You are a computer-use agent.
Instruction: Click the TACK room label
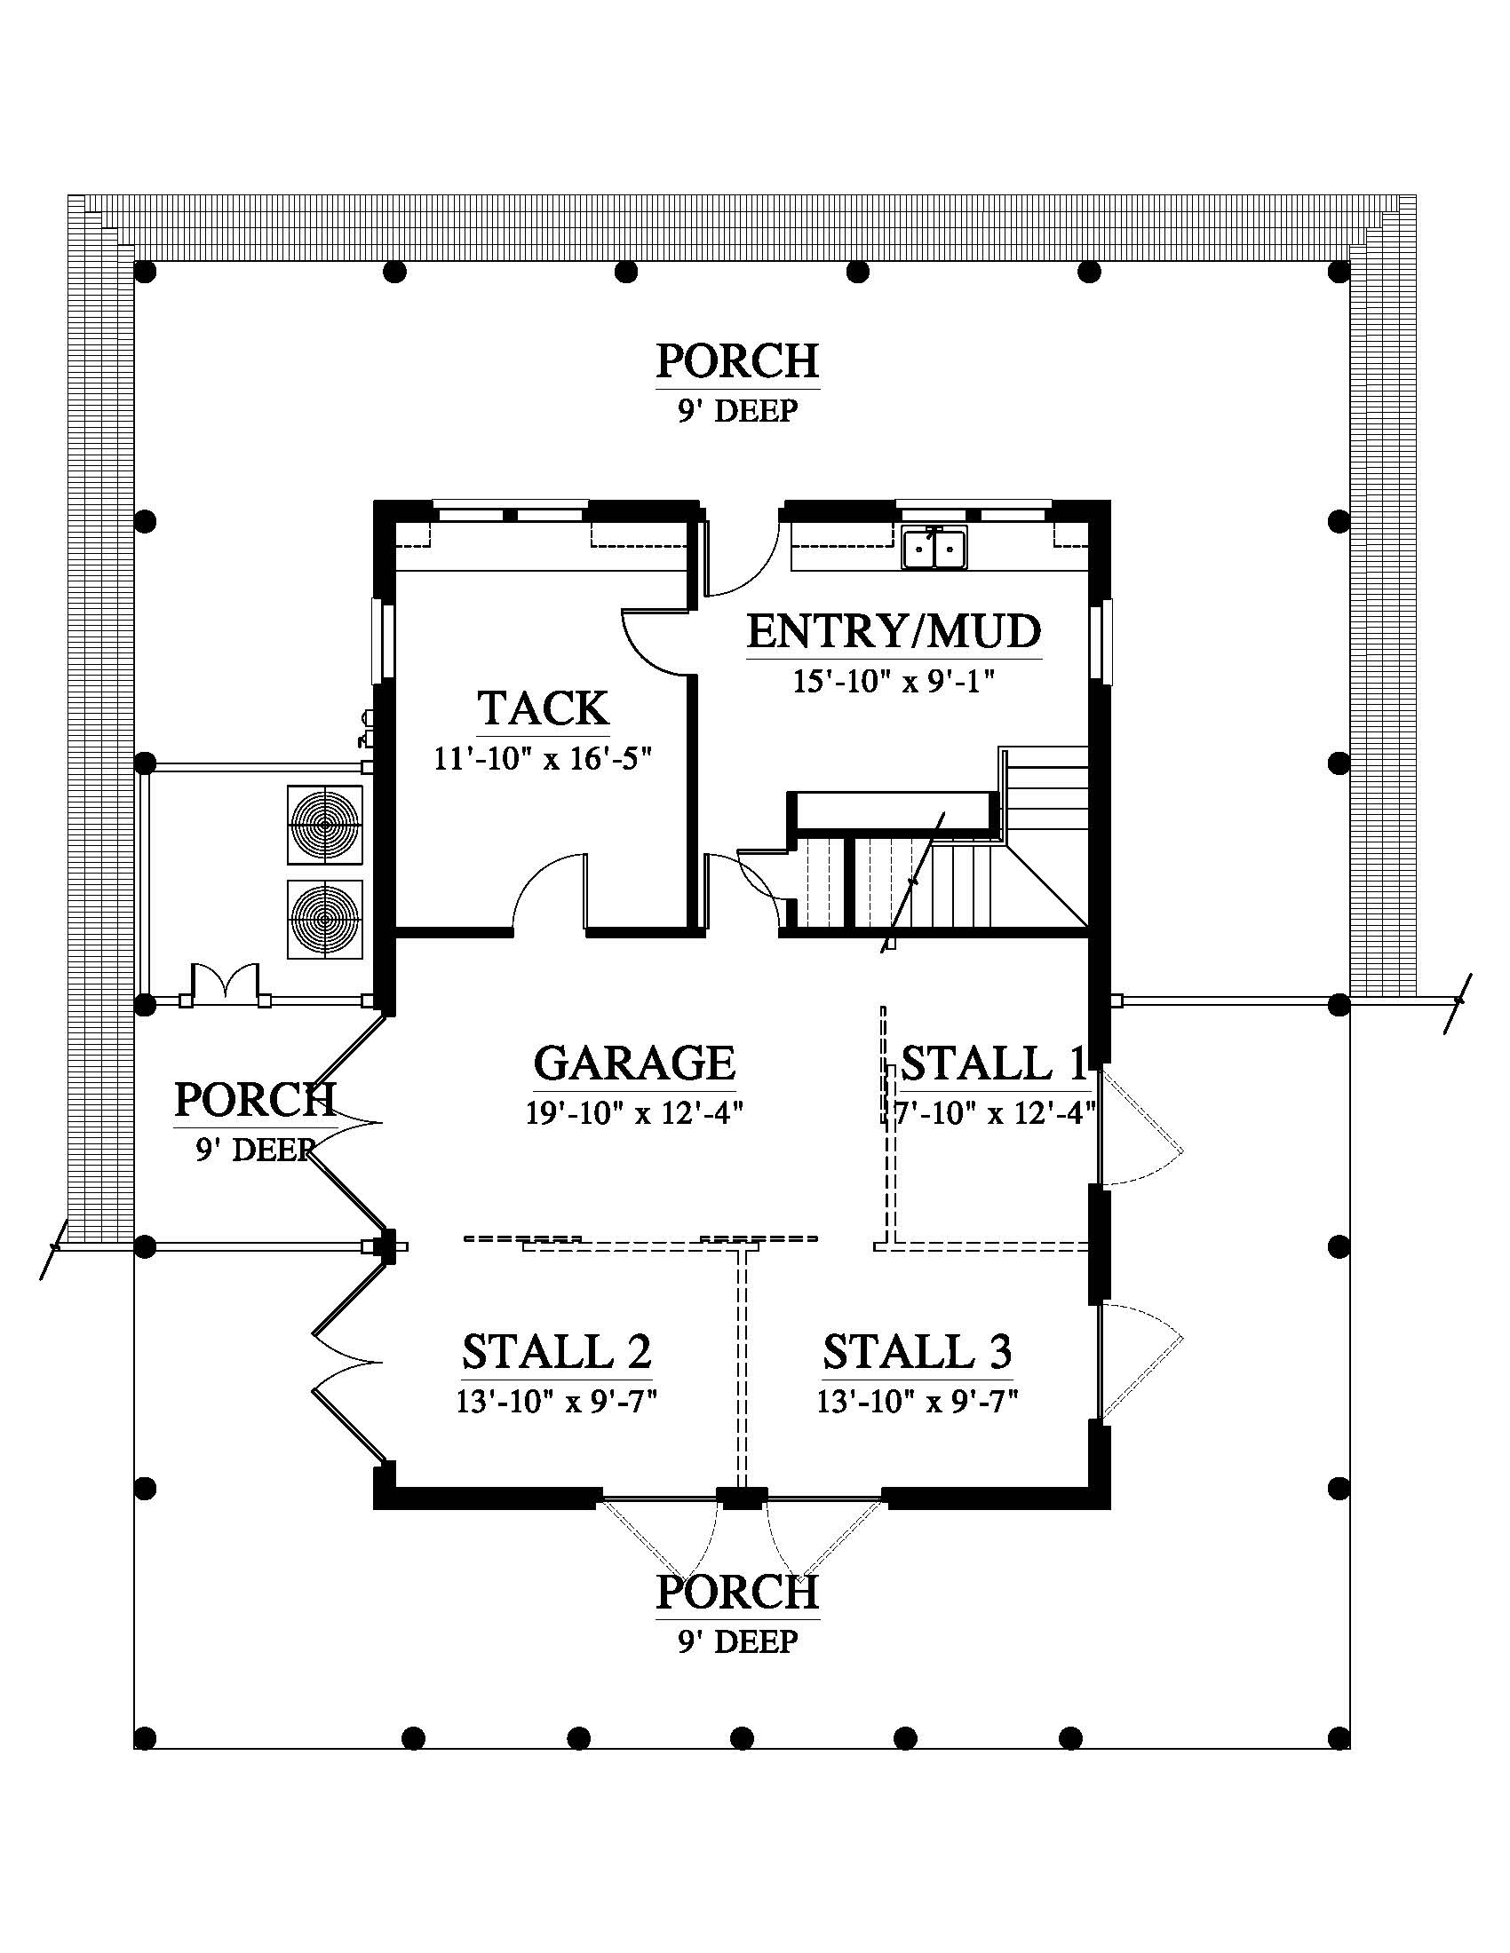point(544,708)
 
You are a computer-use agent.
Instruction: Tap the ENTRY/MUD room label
point(894,631)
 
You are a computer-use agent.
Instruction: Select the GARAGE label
point(634,1063)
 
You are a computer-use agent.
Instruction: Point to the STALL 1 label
point(994,1063)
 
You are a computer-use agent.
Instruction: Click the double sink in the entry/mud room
point(934,547)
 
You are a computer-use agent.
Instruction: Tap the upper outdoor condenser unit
point(325,825)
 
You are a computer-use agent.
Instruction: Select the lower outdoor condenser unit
point(325,920)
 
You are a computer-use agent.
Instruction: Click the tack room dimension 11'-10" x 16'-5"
point(543,759)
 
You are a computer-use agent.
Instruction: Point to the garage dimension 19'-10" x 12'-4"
point(635,1113)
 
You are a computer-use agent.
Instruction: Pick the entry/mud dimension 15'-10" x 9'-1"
point(894,682)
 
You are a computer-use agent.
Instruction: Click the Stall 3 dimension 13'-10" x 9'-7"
point(918,1401)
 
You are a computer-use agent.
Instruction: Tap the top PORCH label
point(738,361)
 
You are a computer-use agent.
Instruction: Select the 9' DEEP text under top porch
point(738,411)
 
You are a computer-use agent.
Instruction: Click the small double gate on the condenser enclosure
point(226,981)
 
